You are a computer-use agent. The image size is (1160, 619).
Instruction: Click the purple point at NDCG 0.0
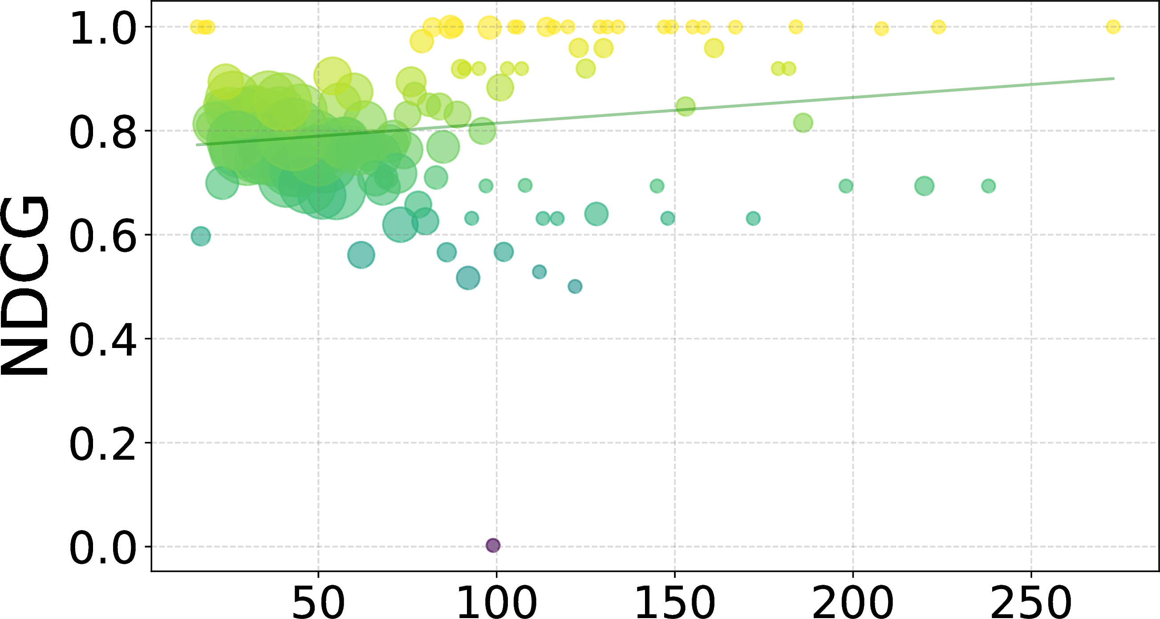(493, 545)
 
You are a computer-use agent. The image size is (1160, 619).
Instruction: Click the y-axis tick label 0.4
(103, 340)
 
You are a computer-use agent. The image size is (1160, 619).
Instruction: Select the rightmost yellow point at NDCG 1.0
(1113, 27)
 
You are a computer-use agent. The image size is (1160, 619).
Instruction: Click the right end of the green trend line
(1114, 78)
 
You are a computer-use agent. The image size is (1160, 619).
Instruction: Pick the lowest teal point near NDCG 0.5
(575, 286)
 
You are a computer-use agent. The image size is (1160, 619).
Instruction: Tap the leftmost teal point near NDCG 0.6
(201, 236)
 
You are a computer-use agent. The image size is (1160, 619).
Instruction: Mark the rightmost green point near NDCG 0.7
(989, 186)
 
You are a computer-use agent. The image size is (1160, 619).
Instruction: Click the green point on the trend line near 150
(685, 106)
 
